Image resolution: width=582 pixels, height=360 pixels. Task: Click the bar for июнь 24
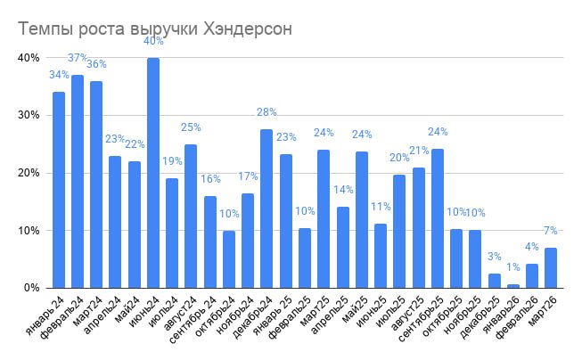click(153, 173)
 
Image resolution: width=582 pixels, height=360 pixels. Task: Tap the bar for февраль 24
click(78, 182)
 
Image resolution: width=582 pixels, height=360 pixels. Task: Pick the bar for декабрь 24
click(266, 209)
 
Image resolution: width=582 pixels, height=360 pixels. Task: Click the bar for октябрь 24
click(229, 259)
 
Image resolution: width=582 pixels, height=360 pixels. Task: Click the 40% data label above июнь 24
click(153, 41)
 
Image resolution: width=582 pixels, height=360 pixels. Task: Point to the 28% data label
click(266, 112)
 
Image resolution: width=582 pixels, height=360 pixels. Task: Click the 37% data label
click(78, 58)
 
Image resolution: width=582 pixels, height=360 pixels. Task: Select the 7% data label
click(551, 231)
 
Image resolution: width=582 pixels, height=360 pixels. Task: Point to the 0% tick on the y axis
click(31, 288)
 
